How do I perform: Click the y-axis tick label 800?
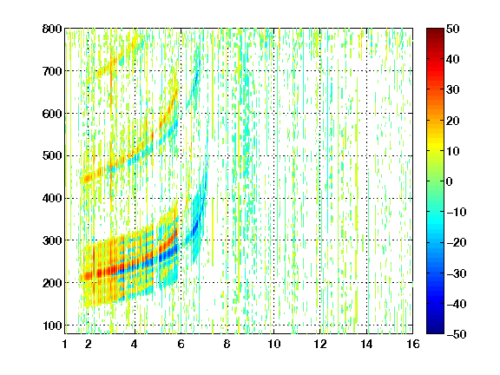(52, 29)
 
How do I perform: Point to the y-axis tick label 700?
(52, 71)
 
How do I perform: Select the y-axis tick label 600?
(52, 114)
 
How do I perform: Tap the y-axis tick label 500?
(52, 156)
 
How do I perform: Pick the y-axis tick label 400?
(52, 198)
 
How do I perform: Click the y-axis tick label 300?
(52, 240)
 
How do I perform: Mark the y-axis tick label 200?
(52, 283)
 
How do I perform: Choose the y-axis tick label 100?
(52, 326)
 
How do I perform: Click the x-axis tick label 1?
(65, 344)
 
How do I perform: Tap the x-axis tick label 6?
(181, 344)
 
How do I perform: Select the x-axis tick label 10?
(274, 344)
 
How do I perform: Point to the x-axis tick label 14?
(366, 344)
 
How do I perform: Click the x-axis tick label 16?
(413, 344)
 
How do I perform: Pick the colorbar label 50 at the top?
(453, 29)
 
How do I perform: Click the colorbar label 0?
(450, 181)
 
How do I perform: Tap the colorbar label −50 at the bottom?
(457, 334)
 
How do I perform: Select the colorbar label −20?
(457, 243)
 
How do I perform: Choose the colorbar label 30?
(453, 90)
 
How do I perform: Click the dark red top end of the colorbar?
(435, 31)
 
